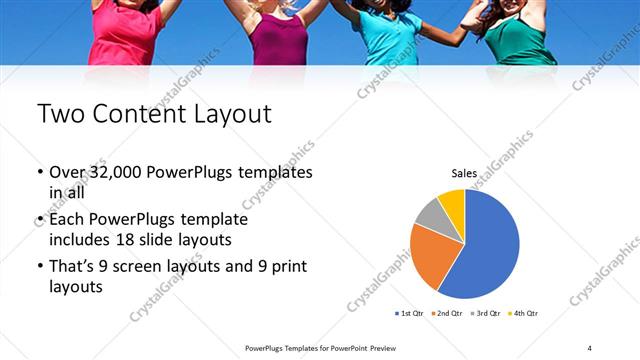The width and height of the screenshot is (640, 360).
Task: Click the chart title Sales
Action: point(464,172)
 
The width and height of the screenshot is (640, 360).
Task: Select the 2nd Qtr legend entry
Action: point(446,314)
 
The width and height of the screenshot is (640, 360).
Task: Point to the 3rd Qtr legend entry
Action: point(485,314)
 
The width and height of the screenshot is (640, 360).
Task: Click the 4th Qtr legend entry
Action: point(523,314)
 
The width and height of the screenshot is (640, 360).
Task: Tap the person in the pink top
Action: point(125,35)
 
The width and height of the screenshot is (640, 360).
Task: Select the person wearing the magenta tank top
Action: point(278,38)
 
